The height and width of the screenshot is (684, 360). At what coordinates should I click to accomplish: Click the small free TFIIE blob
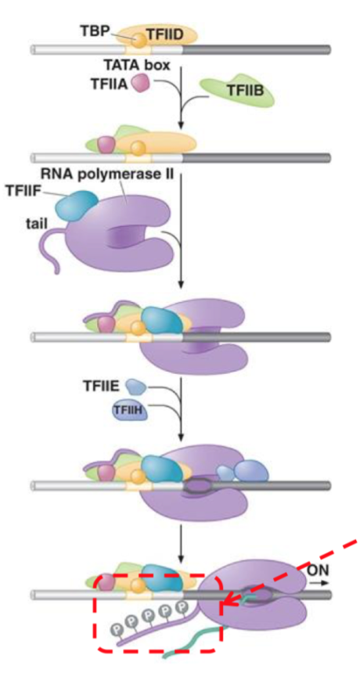click(135, 386)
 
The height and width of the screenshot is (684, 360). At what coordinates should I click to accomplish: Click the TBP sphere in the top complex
click(139, 38)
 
